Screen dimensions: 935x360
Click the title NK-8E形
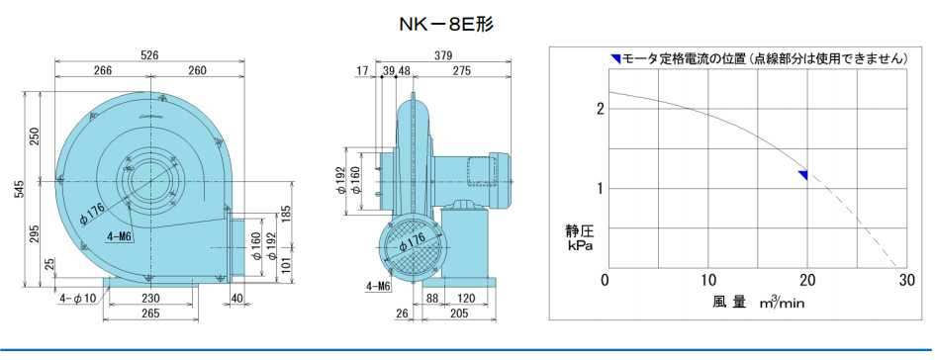tap(446, 24)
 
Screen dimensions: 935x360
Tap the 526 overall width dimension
tap(150, 54)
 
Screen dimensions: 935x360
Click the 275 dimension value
tap(461, 71)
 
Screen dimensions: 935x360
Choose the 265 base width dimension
tap(150, 314)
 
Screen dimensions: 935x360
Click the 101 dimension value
tap(286, 262)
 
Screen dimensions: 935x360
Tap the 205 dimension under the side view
tap(458, 314)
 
